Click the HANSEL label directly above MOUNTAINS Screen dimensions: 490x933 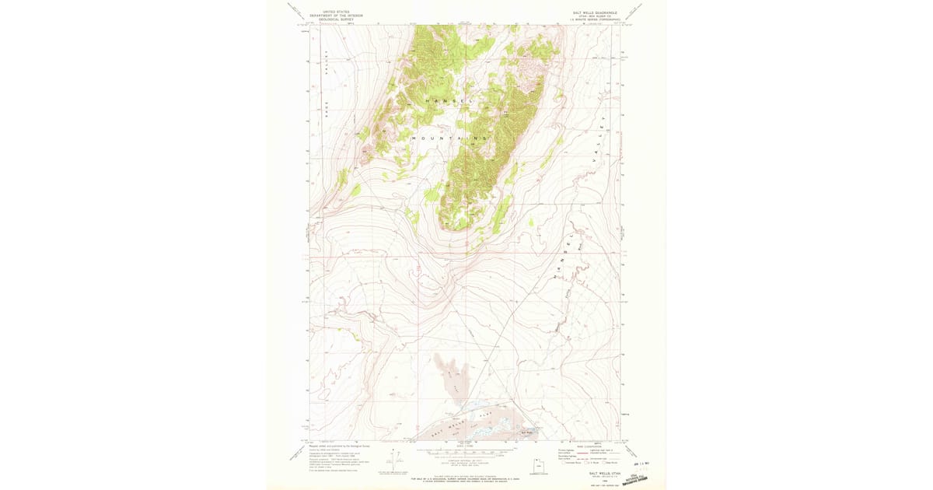point(449,101)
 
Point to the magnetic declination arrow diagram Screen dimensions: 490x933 point(395,459)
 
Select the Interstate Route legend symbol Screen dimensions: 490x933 point(563,462)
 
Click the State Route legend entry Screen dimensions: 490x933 point(613,462)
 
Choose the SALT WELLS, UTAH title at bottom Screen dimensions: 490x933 point(604,472)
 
